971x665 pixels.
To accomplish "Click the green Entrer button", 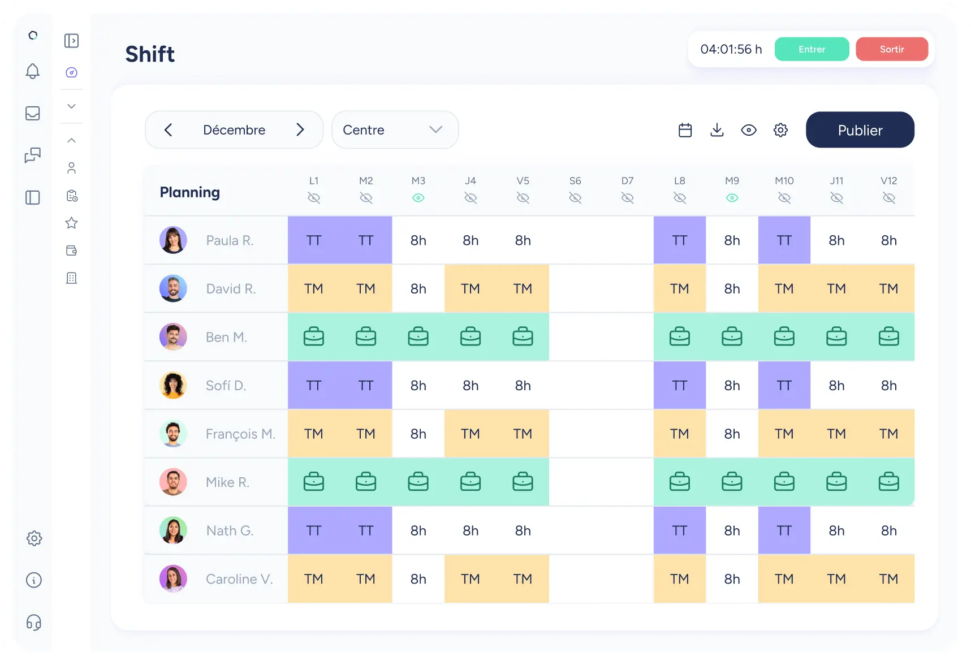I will click(x=812, y=49).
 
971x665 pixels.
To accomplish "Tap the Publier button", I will click(x=860, y=130).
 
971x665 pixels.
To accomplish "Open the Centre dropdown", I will click(x=395, y=130).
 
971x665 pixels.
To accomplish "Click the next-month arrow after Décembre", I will click(x=300, y=130).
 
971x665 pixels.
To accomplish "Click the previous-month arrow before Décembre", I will click(x=168, y=130).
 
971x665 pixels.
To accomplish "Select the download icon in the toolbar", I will click(x=717, y=130).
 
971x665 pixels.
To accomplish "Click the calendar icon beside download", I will click(x=685, y=130).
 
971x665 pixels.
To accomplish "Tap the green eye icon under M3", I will click(x=418, y=198).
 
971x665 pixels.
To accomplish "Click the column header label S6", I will click(x=575, y=181).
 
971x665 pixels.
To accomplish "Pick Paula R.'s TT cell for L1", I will click(x=314, y=240).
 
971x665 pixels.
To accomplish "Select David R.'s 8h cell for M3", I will click(x=418, y=289).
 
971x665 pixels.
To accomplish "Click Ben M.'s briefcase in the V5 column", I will click(x=523, y=337).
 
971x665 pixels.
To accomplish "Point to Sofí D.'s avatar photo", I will click(x=173, y=386).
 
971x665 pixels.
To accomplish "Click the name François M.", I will click(x=240, y=434).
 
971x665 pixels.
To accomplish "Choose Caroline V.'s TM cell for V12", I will click(x=888, y=579).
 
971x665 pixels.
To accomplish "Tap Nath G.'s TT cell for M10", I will click(x=784, y=531).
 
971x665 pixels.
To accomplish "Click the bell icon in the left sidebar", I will click(x=33, y=71).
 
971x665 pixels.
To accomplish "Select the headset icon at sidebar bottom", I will click(x=34, y=623).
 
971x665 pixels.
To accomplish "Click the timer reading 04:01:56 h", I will click(x=731, y=49).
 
